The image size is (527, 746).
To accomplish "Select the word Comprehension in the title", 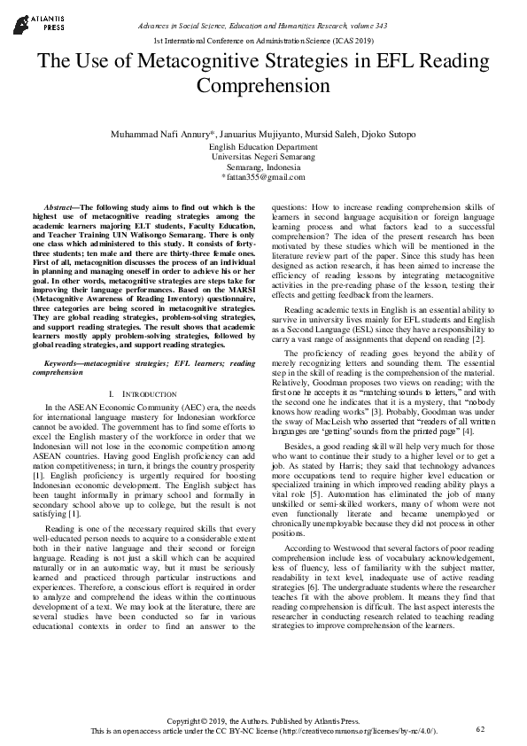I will [262, 86].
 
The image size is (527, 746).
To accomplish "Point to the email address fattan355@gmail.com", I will [264, 177].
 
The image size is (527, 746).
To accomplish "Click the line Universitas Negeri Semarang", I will [263, 156].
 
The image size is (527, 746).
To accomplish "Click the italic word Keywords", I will [68, 363].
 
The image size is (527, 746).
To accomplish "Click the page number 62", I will [481, 728].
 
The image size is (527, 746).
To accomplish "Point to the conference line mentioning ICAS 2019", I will [263, 42].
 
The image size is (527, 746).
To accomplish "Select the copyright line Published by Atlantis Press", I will [263, 721].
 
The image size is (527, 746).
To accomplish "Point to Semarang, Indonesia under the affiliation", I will [263, 167].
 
